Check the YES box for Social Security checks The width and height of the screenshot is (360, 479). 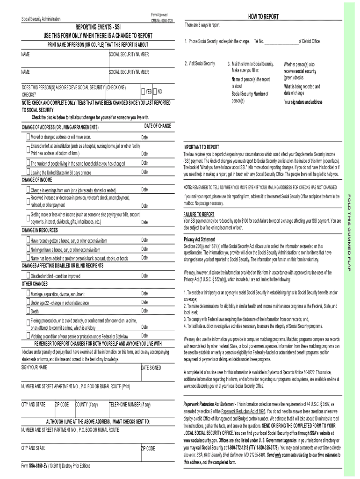[x=143, y=91]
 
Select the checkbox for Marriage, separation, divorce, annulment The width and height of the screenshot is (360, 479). [x=29, y=294]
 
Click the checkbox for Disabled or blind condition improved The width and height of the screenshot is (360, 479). [x=29, y=276]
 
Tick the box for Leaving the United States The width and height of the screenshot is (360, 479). [x=29, y=172]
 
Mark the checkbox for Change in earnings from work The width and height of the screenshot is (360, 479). [x=29, y=190]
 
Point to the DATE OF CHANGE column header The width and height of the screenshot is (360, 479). [x=158, y=126]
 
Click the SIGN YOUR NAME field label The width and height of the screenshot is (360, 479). [x=34, y=367]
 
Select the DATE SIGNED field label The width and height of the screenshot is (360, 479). [x=151, y=368]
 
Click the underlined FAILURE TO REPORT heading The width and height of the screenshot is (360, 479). [x=199, y=214]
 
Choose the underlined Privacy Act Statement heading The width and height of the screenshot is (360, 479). [x=200, y=239]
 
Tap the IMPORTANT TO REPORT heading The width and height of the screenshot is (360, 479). [x=201, y=146]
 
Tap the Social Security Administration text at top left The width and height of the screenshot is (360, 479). [x=41, y=19]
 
